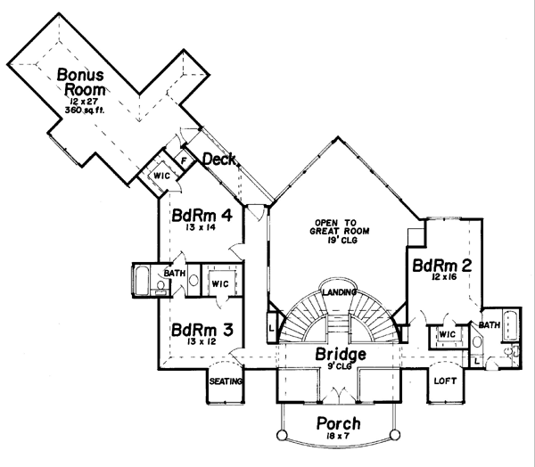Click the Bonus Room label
[x=81, y=82]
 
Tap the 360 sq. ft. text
[x=85, y=111]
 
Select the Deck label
[x=219, y=160]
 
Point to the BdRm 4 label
[x=202, y=216]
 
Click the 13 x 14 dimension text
[x=201, y=227]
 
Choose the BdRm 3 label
[x=202, y=330]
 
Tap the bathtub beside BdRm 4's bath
[x=142, y=281]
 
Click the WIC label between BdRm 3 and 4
[x=220, y=283]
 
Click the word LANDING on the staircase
[x=340, y=292]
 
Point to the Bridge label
[x=341, y=354]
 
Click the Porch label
[x=338, y=423]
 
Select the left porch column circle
[x=282, y=435]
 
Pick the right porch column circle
[x=395, y=434]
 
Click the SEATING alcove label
[x=226, y=381]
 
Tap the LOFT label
[x=445, y=381]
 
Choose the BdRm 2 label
[x=442, y=266]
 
